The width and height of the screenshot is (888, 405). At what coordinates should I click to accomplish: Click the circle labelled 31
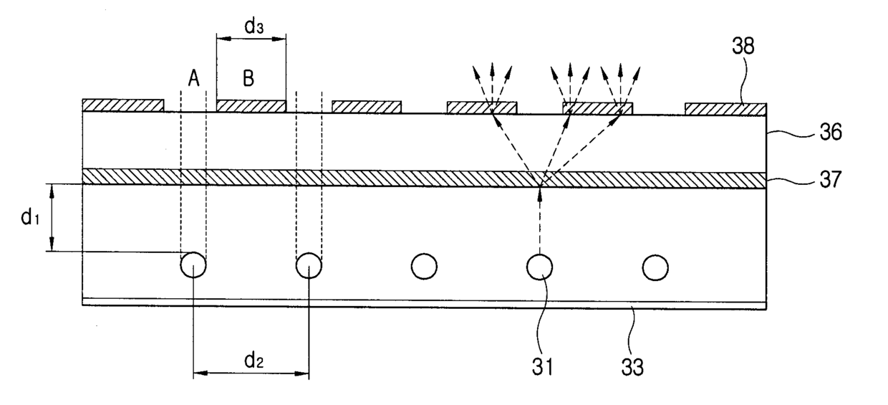pos(540,267)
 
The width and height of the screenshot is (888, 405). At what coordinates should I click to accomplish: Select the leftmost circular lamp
pos(193,266)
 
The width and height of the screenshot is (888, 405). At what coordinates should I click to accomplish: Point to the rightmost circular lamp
pos(655,267)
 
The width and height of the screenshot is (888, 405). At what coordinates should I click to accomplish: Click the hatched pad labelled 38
pos(725,109)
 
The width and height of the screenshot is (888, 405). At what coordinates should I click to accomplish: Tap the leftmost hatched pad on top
pos(123,105)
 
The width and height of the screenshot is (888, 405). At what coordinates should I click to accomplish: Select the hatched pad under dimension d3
pos(251,106)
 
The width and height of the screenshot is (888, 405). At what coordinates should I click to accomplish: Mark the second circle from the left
pos(309,266)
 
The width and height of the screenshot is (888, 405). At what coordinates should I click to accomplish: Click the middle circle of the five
pos(424,266)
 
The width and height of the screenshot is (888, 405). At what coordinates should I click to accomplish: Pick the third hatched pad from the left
pos(366,107)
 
